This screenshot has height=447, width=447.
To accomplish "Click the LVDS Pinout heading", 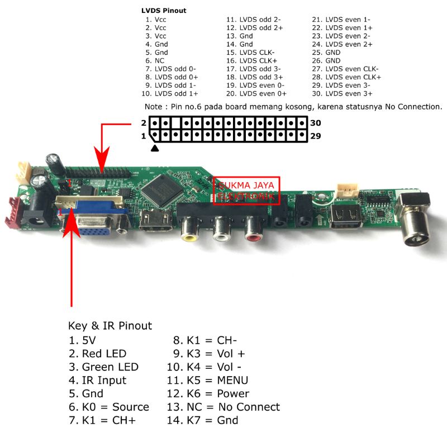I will tap(164, 11).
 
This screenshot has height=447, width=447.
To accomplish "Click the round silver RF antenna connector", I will tap(416, 226).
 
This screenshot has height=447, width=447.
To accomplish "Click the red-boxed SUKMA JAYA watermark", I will tap(246, 191).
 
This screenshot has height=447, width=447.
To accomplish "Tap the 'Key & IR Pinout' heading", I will tap(110, 326).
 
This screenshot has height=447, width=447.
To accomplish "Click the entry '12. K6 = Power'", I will tap(208, 394).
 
